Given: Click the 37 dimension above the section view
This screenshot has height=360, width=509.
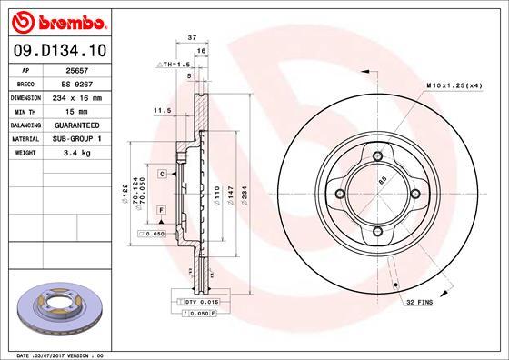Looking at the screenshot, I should pos(192,37).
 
